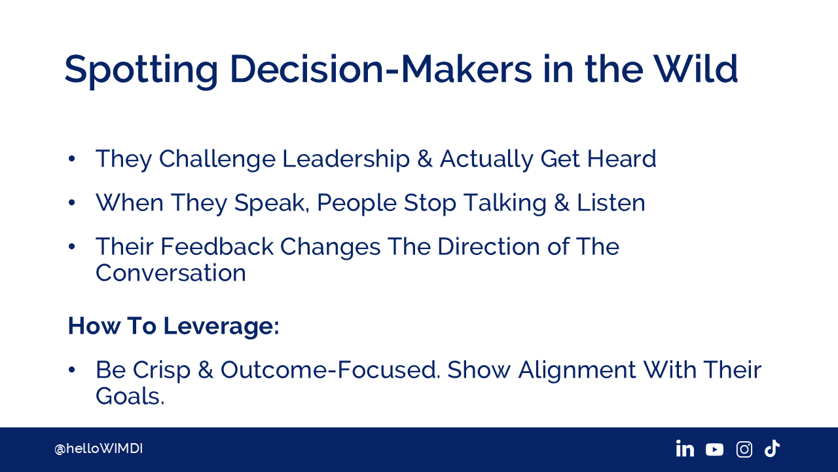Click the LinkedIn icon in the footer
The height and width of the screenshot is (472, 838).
click(x=685, y=448)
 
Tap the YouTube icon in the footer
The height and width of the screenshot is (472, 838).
click(x=714, y=450)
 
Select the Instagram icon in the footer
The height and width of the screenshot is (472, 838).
click(x=744, y=449)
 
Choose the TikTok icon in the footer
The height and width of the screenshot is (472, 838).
click(x=772, y=448)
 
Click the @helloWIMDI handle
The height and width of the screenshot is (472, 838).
click(x=98, y=449)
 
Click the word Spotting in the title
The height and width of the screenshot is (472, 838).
click(x=141, y=71)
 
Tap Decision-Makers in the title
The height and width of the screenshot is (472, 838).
click(x=380, y=69)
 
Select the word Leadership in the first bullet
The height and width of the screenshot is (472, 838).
click(x=346, y=159)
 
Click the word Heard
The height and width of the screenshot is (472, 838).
click(x=622, y=159)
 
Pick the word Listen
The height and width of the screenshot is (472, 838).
click(x=611, y=203)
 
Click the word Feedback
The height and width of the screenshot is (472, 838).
click(x=217, y=246)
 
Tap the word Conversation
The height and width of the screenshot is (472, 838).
click(x=171, y=273)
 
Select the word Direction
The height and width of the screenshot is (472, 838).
click(x=488, y=246)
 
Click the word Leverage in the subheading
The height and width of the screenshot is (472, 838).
click(x=221, y=326)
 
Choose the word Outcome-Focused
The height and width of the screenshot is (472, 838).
click(x=331, y=370)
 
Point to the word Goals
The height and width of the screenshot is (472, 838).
click(x=130, y=396)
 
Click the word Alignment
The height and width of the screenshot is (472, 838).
click(x=577, y=371)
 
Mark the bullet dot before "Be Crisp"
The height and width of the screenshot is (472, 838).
click(x=72, y=370)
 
